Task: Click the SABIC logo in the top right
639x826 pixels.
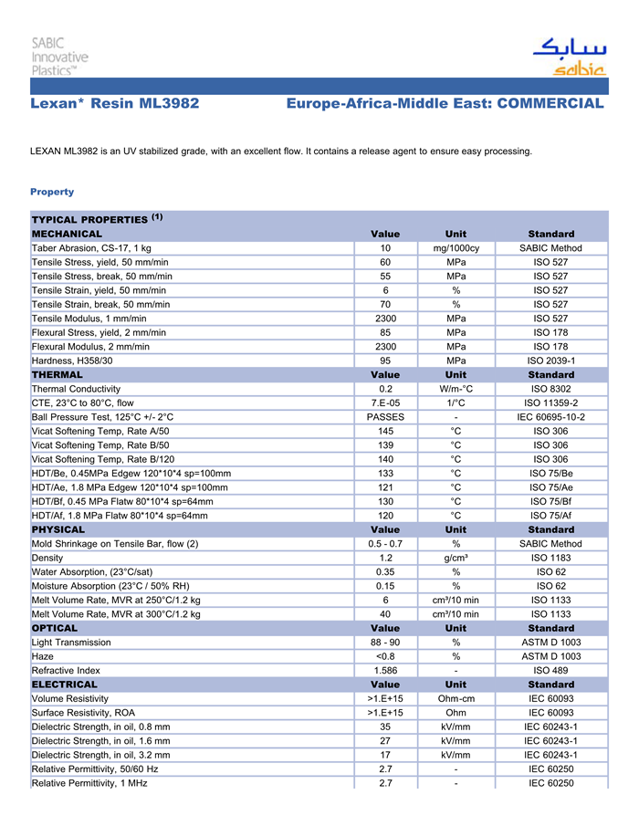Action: coord(569,57)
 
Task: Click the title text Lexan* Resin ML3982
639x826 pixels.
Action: coord(115,103)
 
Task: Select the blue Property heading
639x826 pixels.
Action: coord(52,192)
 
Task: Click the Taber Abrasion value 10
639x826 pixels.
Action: coord(385,248)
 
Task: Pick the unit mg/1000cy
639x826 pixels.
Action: coord(456,248)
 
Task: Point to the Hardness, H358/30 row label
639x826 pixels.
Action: coord(72,361)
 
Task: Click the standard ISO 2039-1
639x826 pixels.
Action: coord(550,361)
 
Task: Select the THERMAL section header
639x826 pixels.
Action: coord(58,374)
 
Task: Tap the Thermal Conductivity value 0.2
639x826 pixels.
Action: coord(385,389)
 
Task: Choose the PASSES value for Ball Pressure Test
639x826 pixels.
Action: coord(385,417)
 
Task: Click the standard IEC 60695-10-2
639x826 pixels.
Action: coord(550,417)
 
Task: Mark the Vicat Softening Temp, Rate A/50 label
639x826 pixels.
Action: coord(100,431)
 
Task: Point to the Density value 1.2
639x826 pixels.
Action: coord(385,558)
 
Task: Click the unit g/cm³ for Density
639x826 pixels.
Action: coord(456,558)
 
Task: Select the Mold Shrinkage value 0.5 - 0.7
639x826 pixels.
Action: coord(385,544)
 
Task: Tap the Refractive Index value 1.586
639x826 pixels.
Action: coord(385,670)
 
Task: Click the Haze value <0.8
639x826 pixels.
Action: coord(385,656)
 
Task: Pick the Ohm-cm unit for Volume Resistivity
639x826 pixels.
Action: coord(456,698)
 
